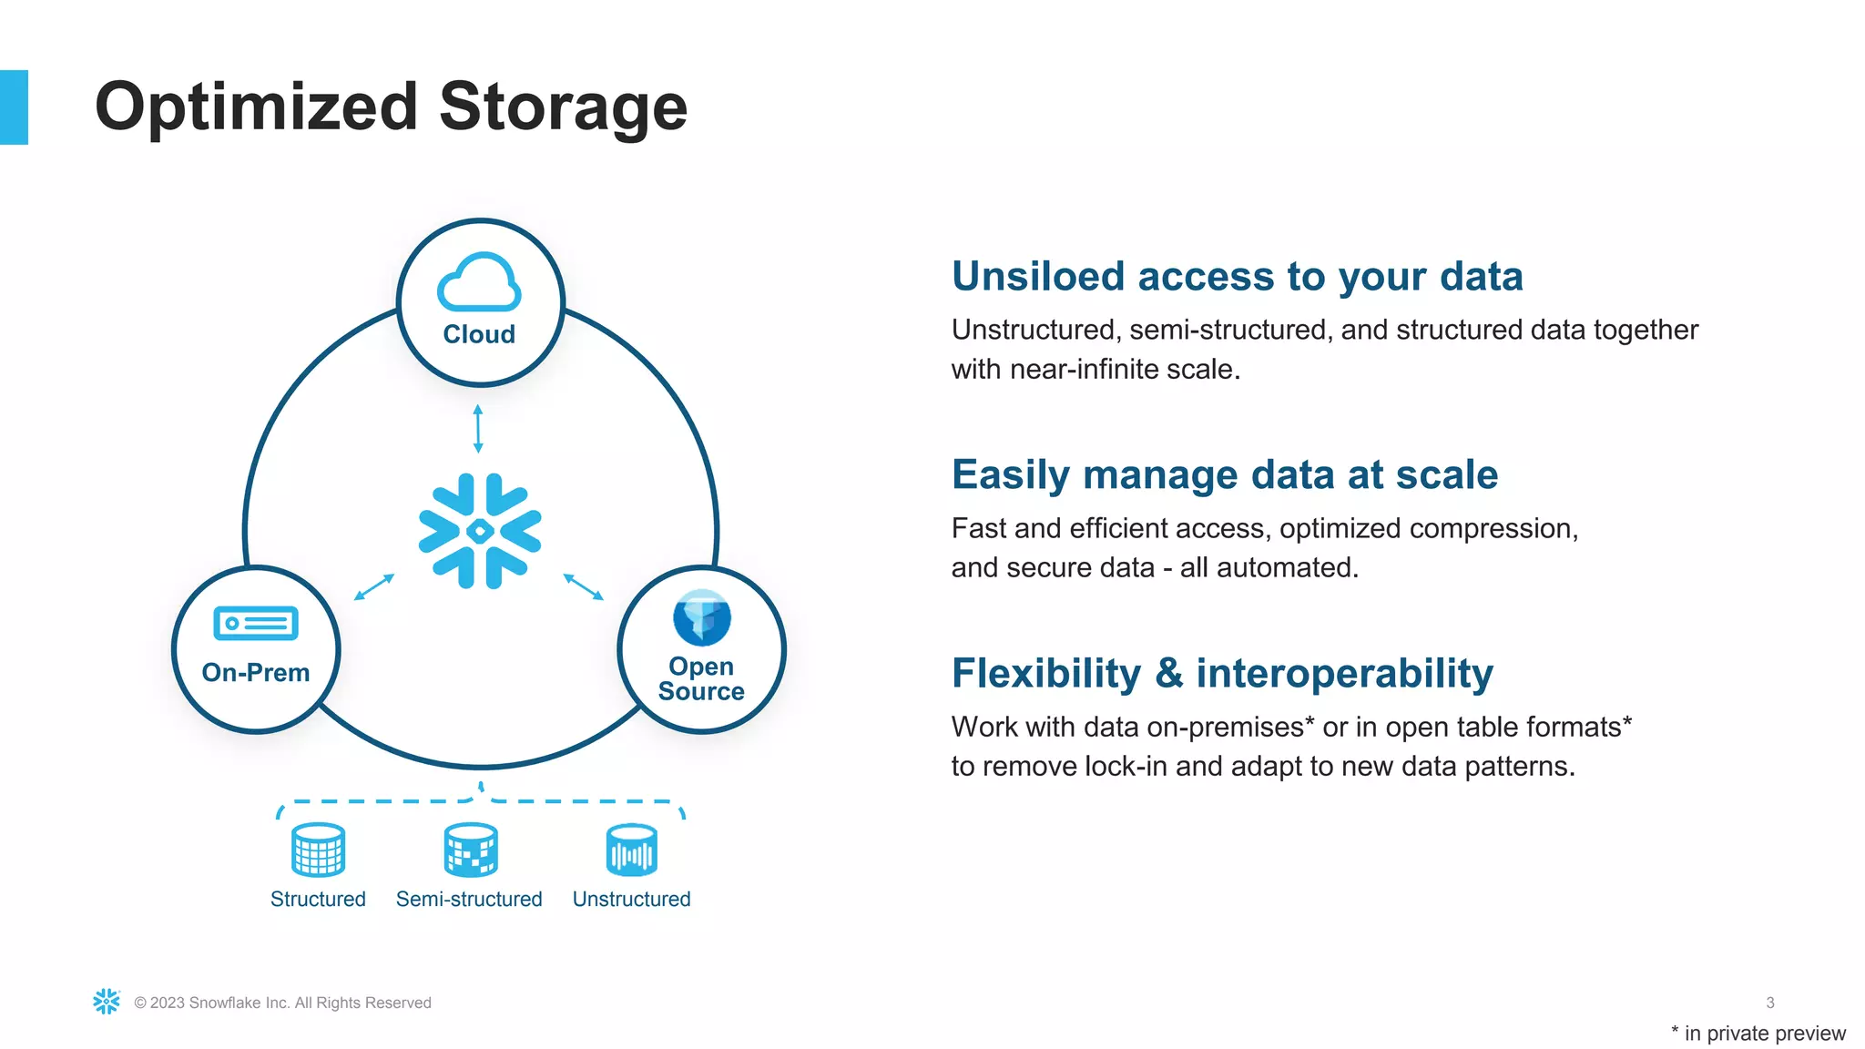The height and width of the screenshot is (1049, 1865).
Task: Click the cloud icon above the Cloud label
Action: pyautogui.click(x=479, y=282)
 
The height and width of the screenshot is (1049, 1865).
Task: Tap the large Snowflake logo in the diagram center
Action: pyautogui.click(x=480, y=531)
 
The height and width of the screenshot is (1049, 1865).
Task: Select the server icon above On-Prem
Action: pyautogui.click(x=256, y=624)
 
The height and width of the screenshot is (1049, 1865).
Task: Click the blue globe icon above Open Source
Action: pyautogui.click(x=701, y=617)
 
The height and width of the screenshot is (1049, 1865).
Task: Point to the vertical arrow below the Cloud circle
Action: pyautogui.click(x=478, y=429)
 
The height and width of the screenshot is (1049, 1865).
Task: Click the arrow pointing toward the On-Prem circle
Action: pyautogui.click(x=373, y=587)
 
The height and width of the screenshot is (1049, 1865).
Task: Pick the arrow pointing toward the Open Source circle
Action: pyautogui.click(x=584, y=586)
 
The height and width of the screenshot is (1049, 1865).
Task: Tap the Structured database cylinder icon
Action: pyautogui.click(x=318, y=850)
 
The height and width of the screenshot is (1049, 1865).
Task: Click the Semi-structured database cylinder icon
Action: pyautogui.click(x=470, y=850)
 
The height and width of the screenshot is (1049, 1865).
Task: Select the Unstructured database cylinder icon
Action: pyautogui.click(x=631, y=850)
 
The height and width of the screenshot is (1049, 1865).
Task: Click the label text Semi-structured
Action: pyautogui.click(x=469, y=899)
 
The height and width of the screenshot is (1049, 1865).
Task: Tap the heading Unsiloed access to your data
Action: pyautogui.click(x=1237, y=276)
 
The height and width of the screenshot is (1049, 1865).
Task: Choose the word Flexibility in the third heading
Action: pyautogui.click(x=1045, y=673)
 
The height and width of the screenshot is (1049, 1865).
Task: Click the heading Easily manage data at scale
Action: pyautogui.click(x=1224, y=474)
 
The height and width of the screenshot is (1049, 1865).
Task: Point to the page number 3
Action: pyautogui.click(x=1769, y=1003)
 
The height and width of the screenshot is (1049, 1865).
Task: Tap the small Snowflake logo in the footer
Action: pyautogui.click(x=107, y=1002)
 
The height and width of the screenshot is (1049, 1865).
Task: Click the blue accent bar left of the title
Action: pyautogui.click(x=14, y=107)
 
